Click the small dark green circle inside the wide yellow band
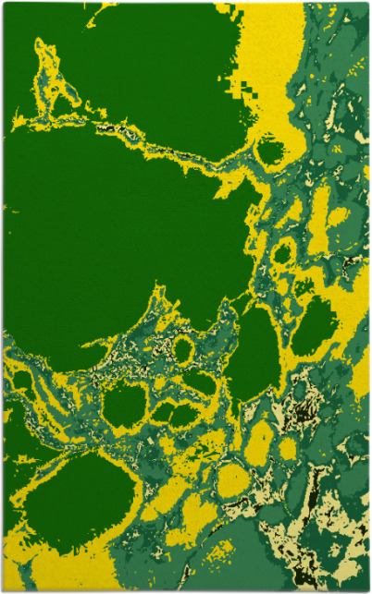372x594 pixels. coord(269,151)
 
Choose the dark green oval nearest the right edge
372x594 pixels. coord(317,325)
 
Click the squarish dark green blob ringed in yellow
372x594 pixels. coord(125,405)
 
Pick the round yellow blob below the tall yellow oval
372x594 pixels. coord(233,480)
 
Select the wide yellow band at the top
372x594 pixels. coord(278,55)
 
